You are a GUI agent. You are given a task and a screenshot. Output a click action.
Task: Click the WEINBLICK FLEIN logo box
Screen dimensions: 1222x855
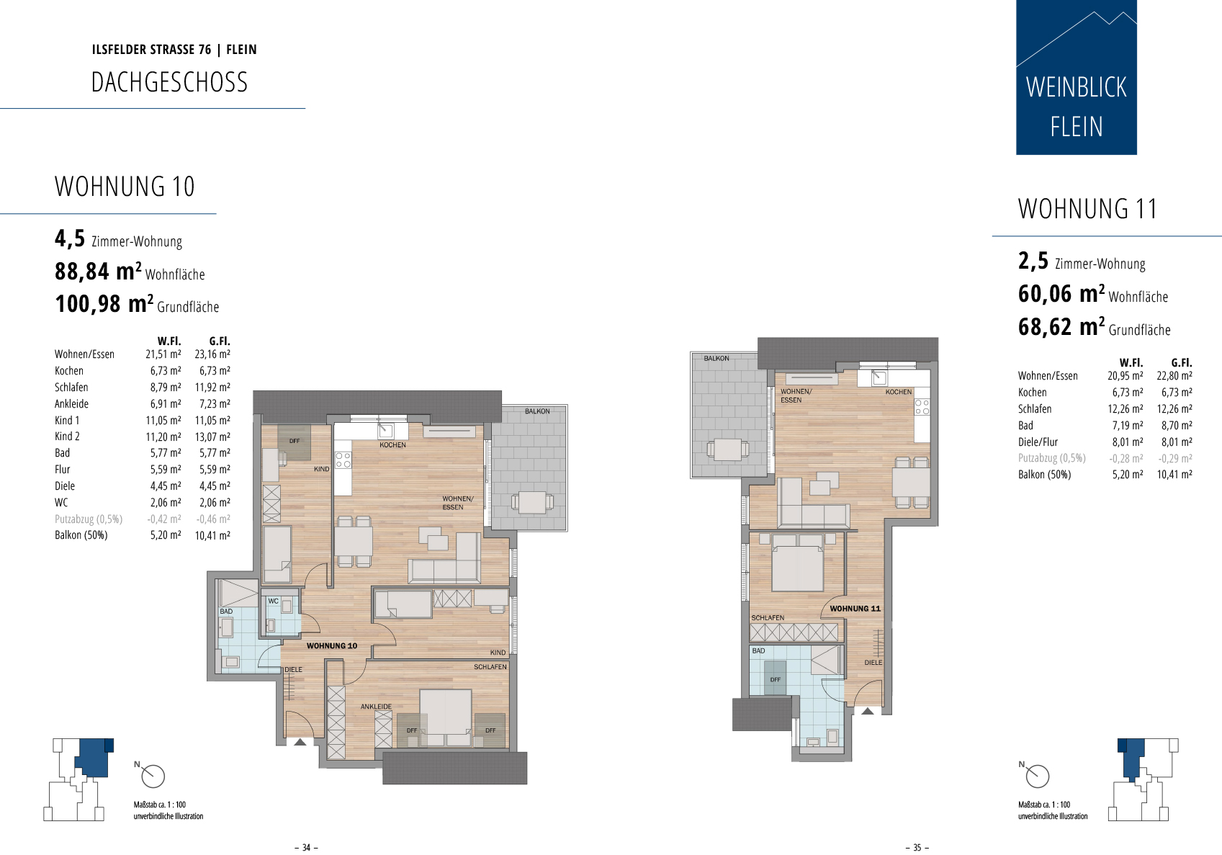click(1077, 77)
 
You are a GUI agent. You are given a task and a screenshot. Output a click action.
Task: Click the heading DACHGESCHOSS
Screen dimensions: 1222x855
click(169, 82)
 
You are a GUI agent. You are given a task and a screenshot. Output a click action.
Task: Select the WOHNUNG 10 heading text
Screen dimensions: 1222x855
click(125, 187)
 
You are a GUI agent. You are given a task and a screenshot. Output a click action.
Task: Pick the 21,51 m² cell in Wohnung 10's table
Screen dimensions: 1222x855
click(163, 354)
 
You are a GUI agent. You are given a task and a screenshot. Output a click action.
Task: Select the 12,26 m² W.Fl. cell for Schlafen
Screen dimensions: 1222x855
click(1125, 408)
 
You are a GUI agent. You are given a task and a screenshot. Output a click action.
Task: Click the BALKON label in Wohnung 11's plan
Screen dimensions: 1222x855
click(716, 359)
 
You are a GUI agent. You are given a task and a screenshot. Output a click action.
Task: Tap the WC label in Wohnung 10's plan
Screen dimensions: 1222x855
click(274, 601)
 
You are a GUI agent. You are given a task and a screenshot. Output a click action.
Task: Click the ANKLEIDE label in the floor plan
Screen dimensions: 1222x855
click(376, 707)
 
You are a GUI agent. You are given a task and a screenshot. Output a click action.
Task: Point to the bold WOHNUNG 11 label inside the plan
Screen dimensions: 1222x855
click(855, 609)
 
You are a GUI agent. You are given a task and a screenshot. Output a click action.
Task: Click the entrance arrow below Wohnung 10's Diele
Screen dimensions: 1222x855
click(300, 742)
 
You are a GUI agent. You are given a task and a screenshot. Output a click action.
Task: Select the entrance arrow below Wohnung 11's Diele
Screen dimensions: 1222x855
click(868, 711)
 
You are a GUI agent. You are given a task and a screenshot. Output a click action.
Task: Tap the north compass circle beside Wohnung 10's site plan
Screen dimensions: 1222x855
click(153, 776)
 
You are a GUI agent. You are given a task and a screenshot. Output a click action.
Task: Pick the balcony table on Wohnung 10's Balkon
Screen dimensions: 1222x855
click(532, 503)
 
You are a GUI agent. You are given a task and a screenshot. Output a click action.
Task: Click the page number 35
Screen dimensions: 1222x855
click(917, 847)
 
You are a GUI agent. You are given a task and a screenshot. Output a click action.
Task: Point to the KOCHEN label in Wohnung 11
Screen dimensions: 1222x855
click(899, 392)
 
